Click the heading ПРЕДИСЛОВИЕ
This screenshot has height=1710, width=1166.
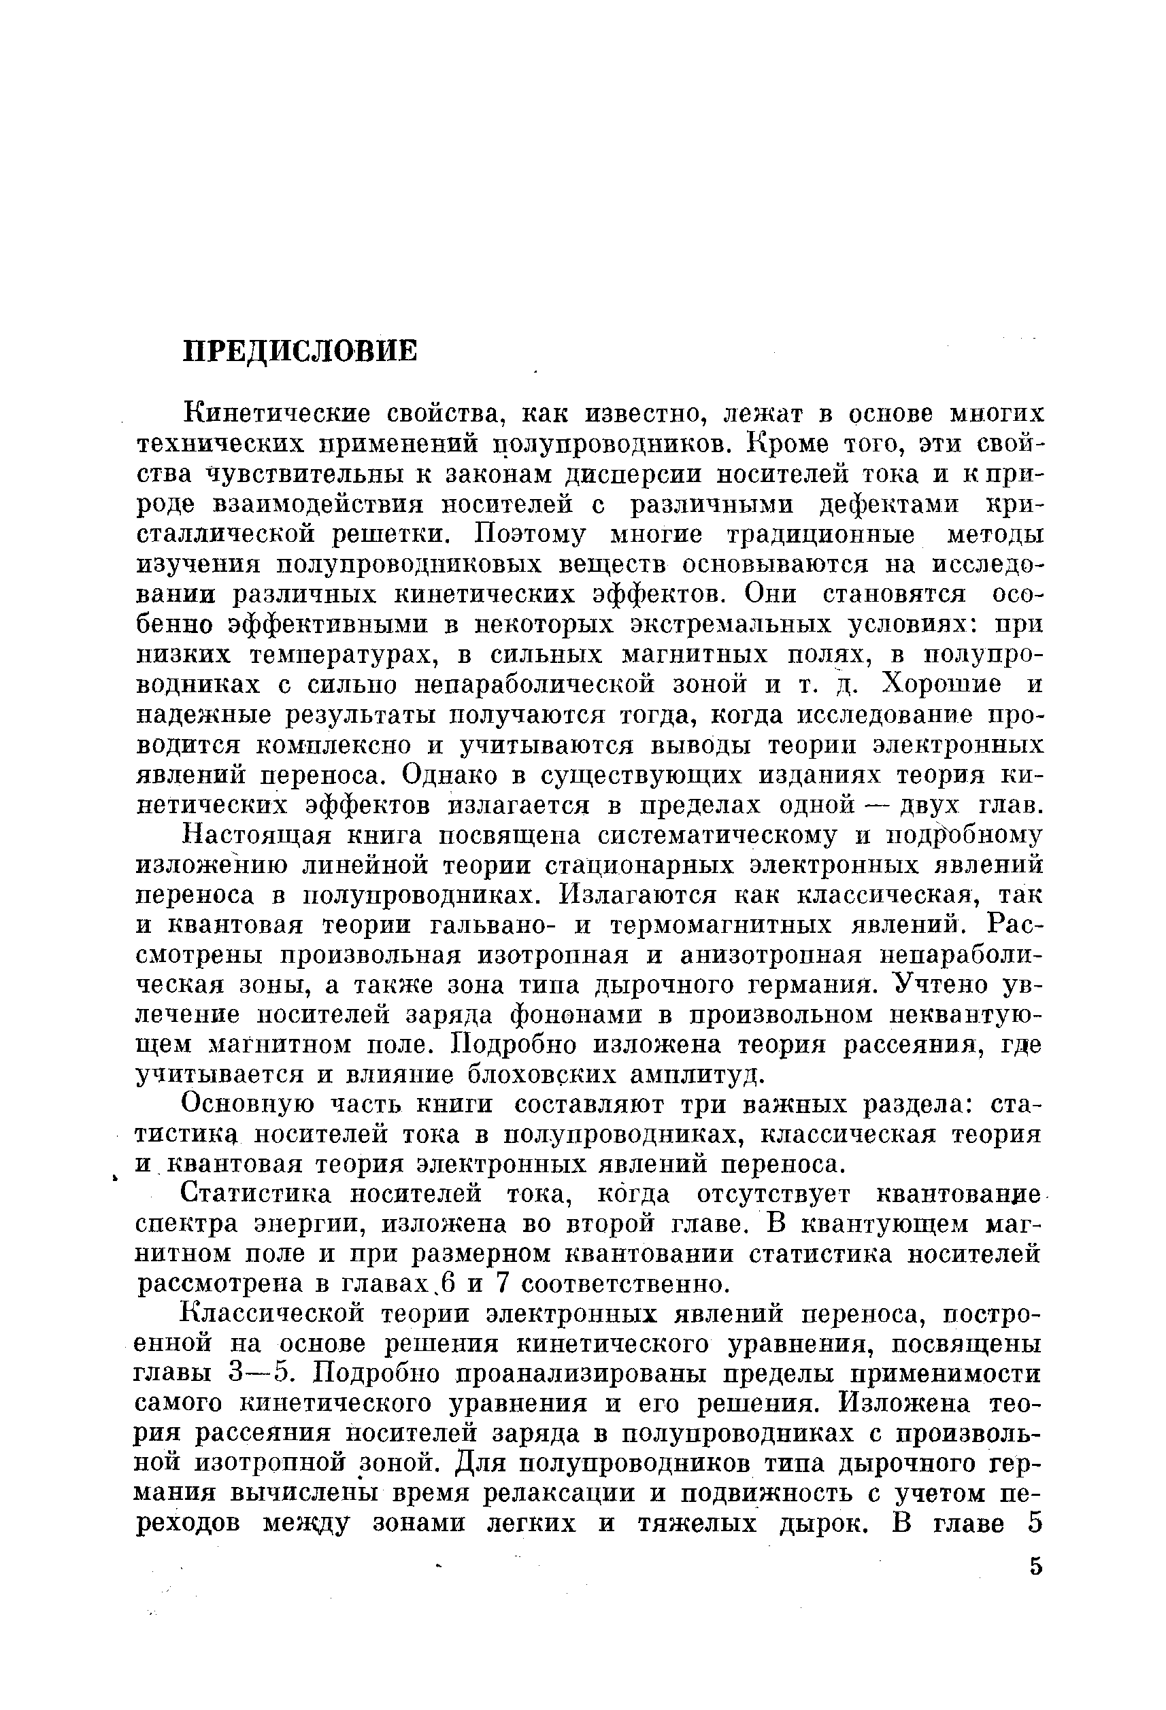[x=299, y=351]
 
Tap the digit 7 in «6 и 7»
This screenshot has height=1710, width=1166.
[x=502, y=1284]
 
